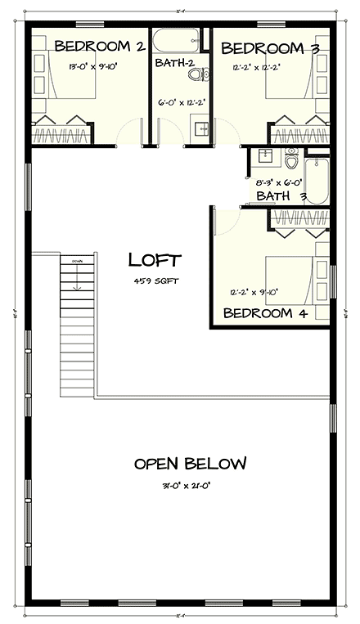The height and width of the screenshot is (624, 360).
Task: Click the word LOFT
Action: click(155, 260)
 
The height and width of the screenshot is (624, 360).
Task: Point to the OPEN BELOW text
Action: click(190, 464)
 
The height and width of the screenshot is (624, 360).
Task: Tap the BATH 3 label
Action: click(281, 196)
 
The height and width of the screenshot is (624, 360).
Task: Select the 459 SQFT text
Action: click(155, 281)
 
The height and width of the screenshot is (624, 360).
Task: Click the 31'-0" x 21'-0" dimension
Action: click(190, 484)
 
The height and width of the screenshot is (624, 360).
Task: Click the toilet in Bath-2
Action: click(195, 75)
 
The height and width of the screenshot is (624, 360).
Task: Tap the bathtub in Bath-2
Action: click(177, 38)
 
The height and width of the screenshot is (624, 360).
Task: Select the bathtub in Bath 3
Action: click(319, 180)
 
